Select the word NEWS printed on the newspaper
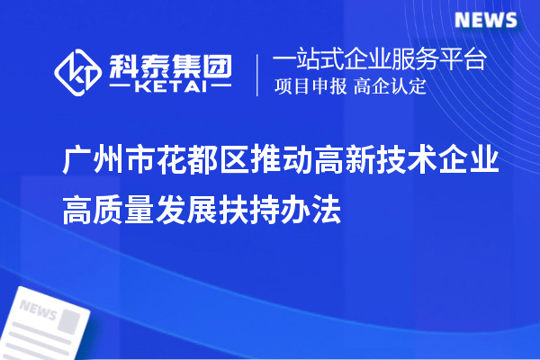(x=39, y=311)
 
